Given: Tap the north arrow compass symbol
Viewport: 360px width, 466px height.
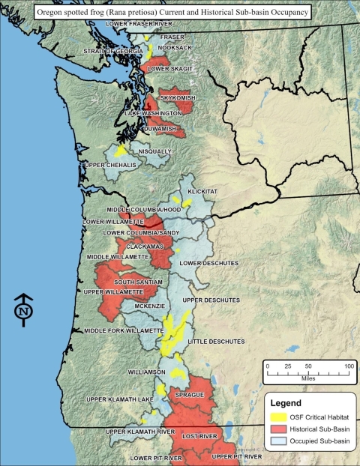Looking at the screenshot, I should (x=24, y=309).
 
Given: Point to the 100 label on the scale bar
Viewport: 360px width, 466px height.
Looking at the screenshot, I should (x=348, y=366).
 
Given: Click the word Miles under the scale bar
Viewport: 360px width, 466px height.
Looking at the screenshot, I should (x=307, y=377).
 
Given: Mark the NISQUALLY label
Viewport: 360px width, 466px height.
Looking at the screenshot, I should (x=155, y=151).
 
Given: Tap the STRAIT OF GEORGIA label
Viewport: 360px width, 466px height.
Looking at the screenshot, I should (x=115, y=51).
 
